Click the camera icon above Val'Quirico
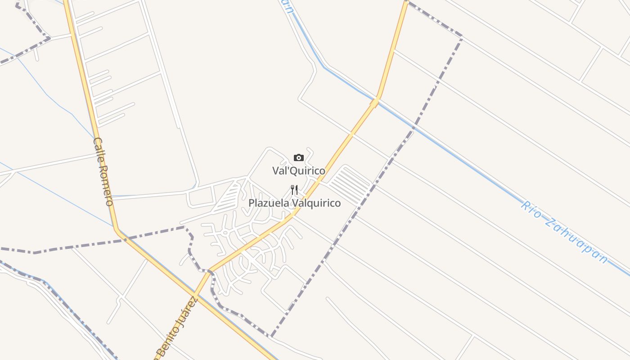pos(298,157)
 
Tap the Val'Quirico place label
pos(298,171)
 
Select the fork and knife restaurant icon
pos(294,189)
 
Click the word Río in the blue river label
pos(531,210)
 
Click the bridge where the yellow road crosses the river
pos(374,103)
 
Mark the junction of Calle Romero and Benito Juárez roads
pos(194,296)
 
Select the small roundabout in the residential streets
pos(224,233)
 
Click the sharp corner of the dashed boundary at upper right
pos(462,36)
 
